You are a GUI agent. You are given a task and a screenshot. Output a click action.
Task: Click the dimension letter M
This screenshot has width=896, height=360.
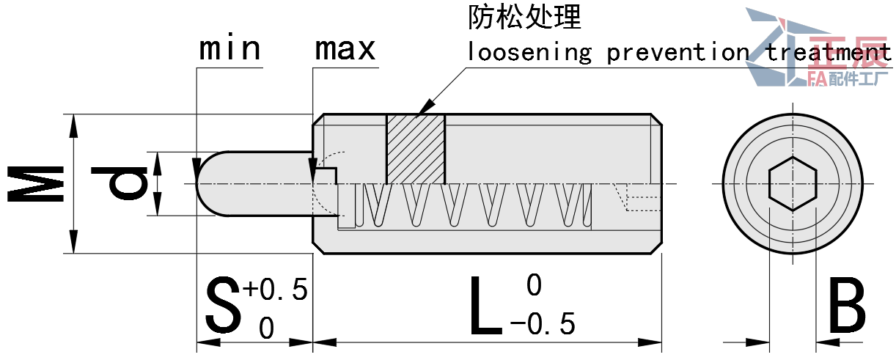pyautogui.click(x=37, y=184)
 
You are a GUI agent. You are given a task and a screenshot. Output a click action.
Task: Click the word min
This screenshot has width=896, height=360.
pyautogui.click(x=229, y=49)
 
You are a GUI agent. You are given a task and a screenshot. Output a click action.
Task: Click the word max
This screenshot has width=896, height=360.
pyautogui.click(x=345, y=49)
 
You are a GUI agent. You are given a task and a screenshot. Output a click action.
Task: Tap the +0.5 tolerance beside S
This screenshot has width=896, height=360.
pyautogui.click(x=276, y=290)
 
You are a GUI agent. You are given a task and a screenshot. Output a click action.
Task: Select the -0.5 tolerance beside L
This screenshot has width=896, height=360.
pyautogui.click(x=543, y=323)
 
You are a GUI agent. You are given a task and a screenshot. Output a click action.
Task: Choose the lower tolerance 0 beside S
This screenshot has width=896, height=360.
pyautogui.click(x=266, y=328)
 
